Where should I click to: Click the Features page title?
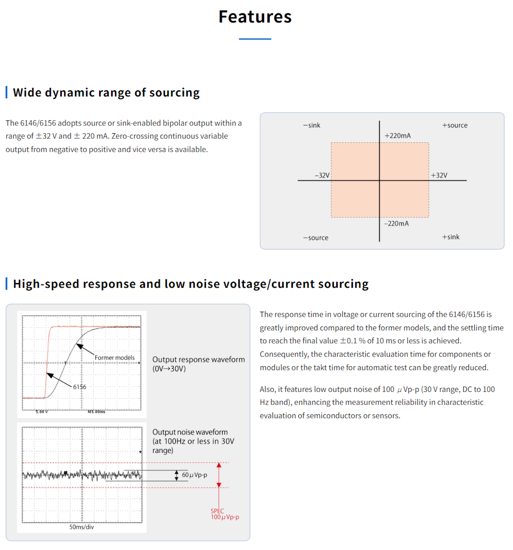[255, 17]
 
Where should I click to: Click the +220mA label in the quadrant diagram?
[397, 135]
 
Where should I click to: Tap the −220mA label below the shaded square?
[396, 224]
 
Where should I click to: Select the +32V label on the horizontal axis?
[439, 175]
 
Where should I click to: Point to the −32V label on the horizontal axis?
[322, 175]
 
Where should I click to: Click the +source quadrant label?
[455, 125]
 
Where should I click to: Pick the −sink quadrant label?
[311, 125]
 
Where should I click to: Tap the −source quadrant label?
[316, 238]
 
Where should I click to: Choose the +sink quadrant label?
[451, 237]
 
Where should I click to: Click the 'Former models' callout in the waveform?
[114, 358]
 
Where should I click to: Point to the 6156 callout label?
[80, 387]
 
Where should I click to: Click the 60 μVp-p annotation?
[194, 475]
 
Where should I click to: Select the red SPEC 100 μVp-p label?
[225, 514]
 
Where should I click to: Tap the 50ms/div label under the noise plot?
[81, 527]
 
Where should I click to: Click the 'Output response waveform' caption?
[198, 359]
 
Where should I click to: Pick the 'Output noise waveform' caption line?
[190, 432]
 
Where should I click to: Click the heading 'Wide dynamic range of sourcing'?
[106, 92]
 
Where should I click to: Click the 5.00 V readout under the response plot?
[42, 412]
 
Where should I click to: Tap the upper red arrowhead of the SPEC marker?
[219, 465]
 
